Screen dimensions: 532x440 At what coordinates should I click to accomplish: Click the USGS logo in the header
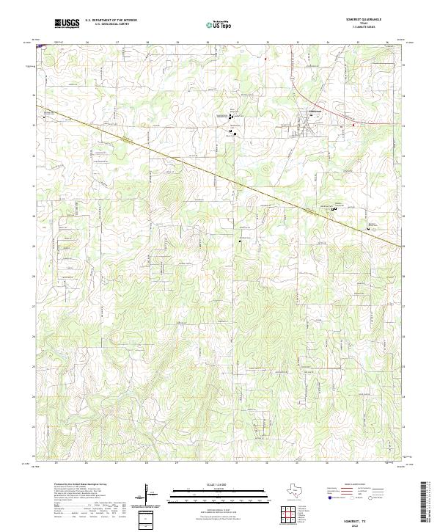[67, 23]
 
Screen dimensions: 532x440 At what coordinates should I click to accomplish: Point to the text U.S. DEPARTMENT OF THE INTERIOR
[110, 21]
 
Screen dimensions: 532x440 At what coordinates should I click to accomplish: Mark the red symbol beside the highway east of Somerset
[353, 125]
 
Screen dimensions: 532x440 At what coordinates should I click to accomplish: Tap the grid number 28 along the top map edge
[147, 43]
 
